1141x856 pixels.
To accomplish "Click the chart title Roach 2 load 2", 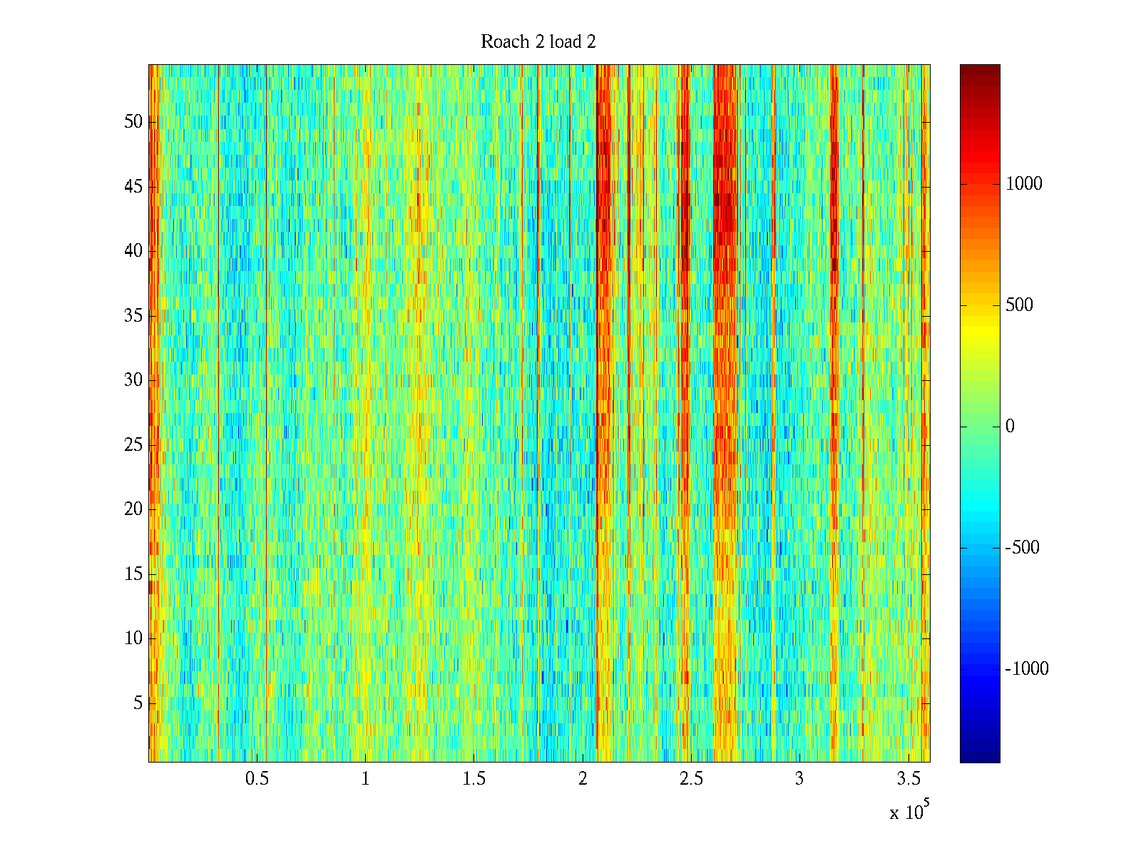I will [538, 42].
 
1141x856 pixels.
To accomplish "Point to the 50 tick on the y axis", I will [133, 122].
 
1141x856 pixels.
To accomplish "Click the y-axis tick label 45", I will [133, 187].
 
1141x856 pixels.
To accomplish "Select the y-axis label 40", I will [133, 251].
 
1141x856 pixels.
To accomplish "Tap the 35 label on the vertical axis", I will [133, 316].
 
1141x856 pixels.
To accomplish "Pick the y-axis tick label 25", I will [133, 445].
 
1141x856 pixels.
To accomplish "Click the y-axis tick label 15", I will [133, 574].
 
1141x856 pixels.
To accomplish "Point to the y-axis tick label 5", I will [138, 703].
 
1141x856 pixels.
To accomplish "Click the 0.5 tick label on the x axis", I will [257, 779].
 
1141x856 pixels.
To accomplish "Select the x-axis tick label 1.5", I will [474, 779].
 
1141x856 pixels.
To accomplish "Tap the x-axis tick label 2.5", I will [691, 779].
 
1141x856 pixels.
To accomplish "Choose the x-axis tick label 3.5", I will [909, 779].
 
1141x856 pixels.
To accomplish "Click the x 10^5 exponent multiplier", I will [909, 811].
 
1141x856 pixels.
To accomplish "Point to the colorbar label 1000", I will [1024, 184].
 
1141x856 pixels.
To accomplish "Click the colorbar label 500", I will [1019, 305].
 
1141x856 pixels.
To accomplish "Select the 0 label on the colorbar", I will [1010, 427].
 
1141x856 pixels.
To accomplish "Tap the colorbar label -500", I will [1022, 548].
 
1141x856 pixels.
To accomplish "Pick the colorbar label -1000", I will [1027, 669].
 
